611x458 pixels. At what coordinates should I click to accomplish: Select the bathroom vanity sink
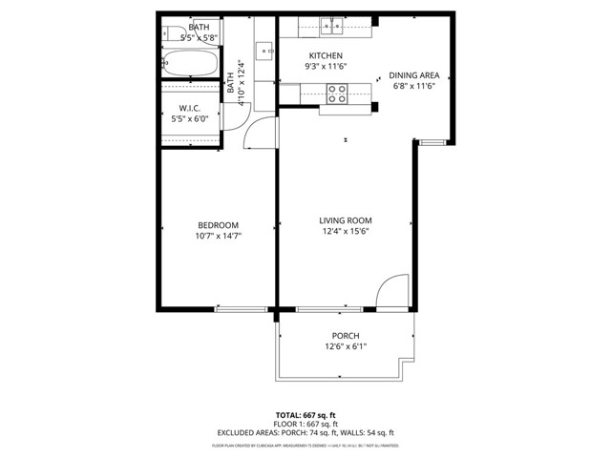click(263, 48)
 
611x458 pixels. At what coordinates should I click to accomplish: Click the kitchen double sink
click(331, 26)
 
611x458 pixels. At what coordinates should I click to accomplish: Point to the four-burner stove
click(337, 93)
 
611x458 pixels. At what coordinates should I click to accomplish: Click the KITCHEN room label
click(325, 55)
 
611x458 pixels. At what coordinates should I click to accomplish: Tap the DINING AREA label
click(414, 74)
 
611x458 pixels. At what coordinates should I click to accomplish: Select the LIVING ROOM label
click(344, 219)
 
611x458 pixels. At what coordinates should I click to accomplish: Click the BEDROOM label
click(218, 224)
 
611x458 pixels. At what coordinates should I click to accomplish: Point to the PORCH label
click(345, 335)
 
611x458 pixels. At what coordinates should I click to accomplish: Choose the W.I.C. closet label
click(188, 108)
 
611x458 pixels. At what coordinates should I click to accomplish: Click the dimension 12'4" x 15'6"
click(344, 231)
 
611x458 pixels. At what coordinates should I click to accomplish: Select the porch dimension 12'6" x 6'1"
click(345, 346)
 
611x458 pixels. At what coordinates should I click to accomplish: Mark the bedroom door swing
click(258, 135)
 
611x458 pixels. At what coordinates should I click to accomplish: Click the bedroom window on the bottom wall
click(242, 309)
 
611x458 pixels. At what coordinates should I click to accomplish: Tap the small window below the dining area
click(432, 142)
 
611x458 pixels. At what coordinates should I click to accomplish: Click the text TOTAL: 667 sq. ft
click(305, 415)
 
